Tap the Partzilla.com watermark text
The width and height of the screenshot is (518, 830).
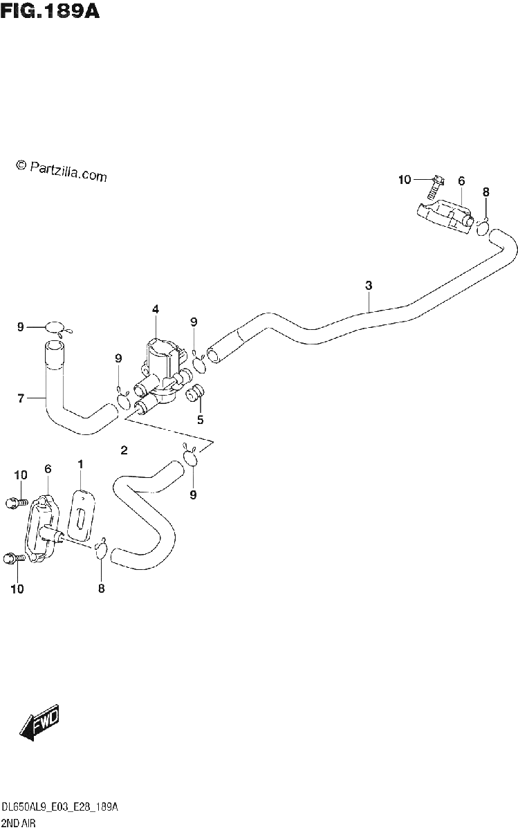click(62, 172)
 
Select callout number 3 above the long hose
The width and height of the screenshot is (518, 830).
click(369, 285)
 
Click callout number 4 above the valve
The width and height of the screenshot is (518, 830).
click(156, 309)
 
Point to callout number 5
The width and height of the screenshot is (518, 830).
click(201, 420)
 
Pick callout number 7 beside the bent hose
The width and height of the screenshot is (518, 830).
click(21, 398)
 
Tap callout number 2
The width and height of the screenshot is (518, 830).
click(124, 450)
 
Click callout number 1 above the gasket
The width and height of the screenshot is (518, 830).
click(81, 464)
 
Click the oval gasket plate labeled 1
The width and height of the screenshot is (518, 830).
click(82, 515)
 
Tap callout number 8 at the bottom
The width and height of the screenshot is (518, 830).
click(102, 589)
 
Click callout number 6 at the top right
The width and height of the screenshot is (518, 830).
click(461, 181)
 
